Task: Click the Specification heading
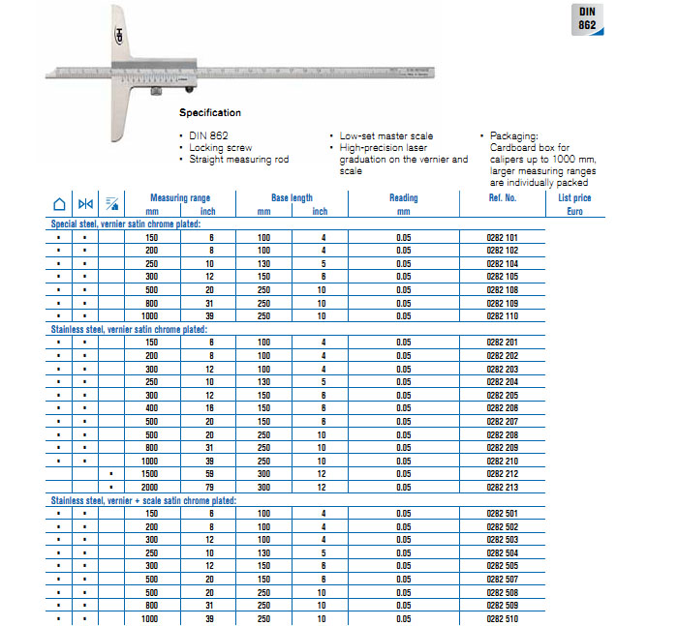click(x=210, y=113)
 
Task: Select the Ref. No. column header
click(x=503, y=197)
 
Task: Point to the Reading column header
click(x=403, y=203)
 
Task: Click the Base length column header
click(x=292, y=197)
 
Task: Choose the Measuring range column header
click(x=180, y=197)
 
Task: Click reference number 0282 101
click(x=501, y=237)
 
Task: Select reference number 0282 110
click(x=501, y=316)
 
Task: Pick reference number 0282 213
click(x=501, y=488)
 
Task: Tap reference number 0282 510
click(x=501, y=618)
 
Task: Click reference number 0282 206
click(x=501, y=408)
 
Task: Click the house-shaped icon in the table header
click(x=58, y=203)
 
